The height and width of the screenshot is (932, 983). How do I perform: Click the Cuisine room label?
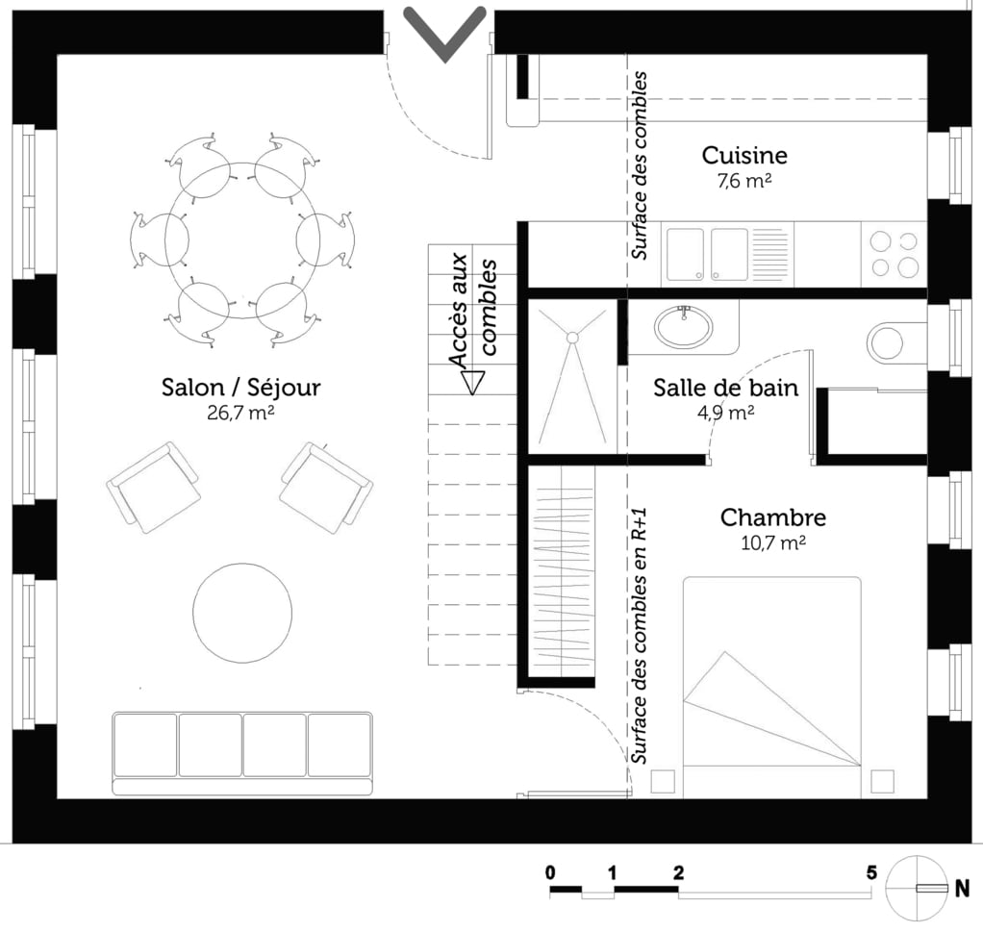coord(744,155)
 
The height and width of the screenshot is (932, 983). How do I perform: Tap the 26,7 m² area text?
coord(240,413)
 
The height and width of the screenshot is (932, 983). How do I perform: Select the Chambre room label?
coord(772,517)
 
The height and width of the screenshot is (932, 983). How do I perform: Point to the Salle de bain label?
coord(725,388)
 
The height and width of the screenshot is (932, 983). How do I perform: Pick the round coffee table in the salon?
coord(242,610)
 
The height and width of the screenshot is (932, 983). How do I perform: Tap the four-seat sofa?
coord(242,751)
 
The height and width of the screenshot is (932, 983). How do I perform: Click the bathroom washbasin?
coord(685,324)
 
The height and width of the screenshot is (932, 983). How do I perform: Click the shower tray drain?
coord(571,338)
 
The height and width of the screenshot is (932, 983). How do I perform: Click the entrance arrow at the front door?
coord(443,32)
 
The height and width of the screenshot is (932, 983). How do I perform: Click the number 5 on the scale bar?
coord(870,873)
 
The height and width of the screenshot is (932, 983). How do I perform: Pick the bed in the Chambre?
coord(771,686)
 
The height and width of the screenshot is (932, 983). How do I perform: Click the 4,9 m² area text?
coord(725,413)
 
